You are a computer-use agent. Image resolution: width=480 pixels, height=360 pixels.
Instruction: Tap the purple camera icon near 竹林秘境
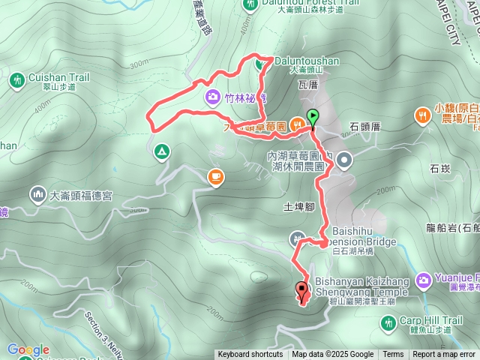[x=212, y=97]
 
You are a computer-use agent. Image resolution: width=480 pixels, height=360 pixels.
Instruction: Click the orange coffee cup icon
[x=215, y=176]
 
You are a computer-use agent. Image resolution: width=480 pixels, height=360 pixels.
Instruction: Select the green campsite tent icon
[x=160, y=153]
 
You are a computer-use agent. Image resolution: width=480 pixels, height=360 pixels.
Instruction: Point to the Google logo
[x=28, y=350]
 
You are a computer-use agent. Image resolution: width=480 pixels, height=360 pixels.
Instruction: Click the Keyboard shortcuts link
[x=250, y=355]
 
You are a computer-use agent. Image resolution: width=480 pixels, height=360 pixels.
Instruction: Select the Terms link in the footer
[x=393, y=355]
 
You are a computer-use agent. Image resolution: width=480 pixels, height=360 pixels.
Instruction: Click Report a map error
[x=444, y=355]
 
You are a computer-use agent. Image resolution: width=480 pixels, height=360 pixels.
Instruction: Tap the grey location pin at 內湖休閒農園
[x=344, y=159]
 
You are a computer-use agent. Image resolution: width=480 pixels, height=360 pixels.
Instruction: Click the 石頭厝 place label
[x=364, y=127]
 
